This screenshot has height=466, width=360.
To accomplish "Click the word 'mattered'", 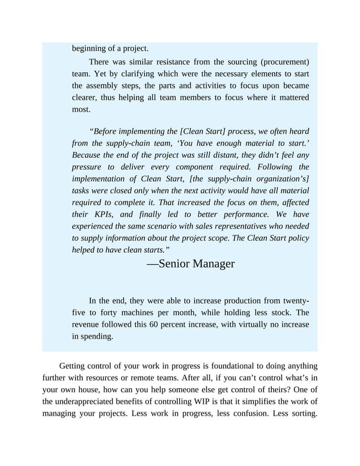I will coord(291,98).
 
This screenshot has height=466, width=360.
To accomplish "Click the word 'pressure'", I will coord(88,167).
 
